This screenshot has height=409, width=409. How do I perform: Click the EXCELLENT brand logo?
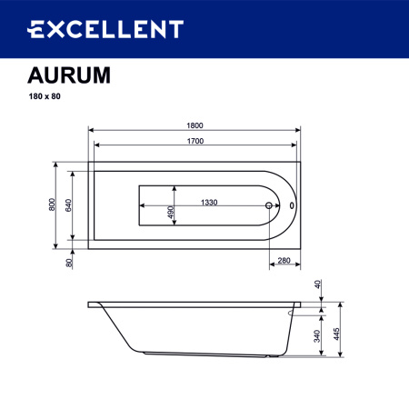(x=104, y=30)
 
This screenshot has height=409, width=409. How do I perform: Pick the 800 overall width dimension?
(x=54, y=205)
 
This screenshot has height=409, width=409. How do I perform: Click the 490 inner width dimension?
(x=170, y=212)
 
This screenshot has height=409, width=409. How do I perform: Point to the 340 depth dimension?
(x=316, y=334)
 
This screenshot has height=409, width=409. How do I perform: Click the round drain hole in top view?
(x=269, y=205)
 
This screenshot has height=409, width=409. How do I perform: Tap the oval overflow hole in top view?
(x=292, y=205)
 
